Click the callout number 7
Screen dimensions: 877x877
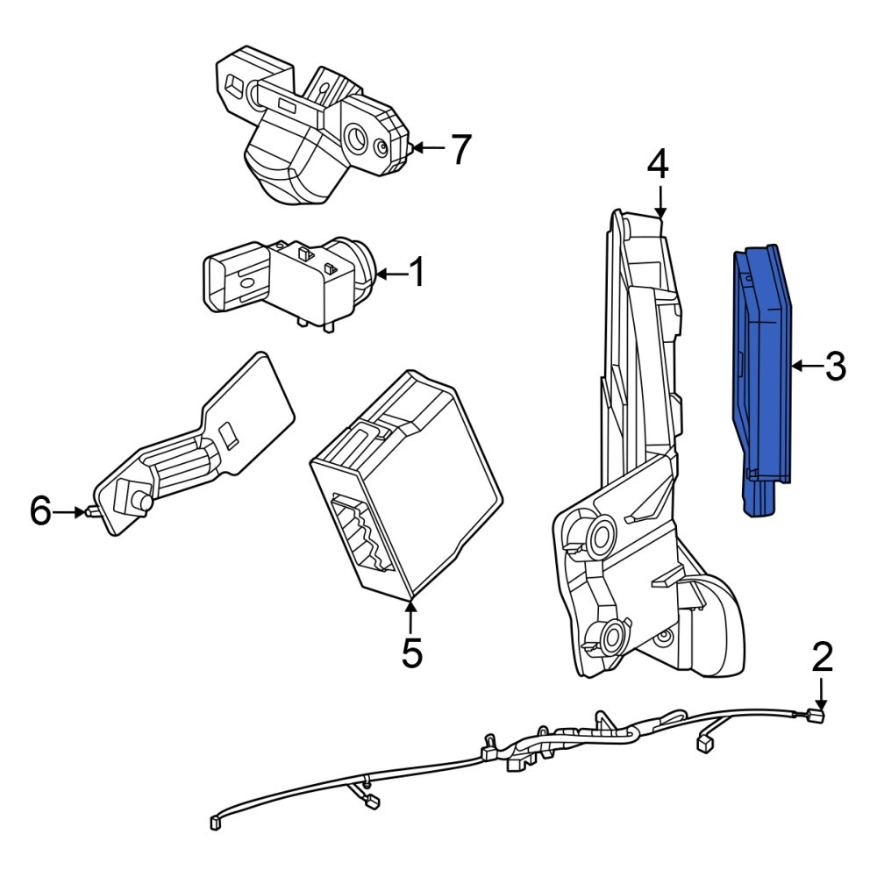461,149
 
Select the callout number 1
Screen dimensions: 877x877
417,273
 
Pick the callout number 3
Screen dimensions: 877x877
835,367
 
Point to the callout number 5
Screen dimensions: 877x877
411,652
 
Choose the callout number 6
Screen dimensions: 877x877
40,510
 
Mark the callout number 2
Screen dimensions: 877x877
822,658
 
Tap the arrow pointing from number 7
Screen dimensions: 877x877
429,148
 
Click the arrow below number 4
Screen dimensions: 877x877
661,202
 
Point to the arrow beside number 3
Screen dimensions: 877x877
807,367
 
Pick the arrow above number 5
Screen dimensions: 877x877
411,616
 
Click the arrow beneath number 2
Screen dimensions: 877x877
821,694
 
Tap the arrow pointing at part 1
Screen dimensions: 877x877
392,274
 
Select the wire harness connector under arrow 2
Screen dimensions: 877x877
817,716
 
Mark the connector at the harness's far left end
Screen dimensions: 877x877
216,823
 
